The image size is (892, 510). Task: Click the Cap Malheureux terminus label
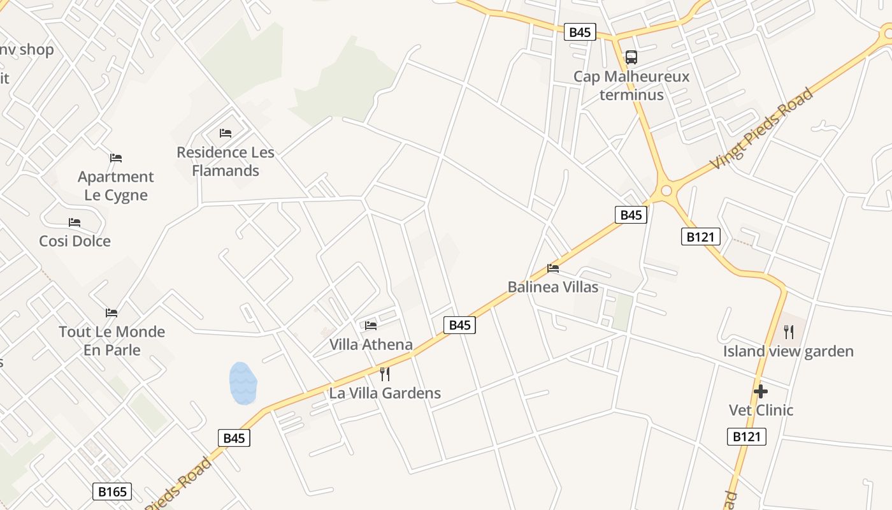point(631,85)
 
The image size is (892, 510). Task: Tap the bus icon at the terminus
point(631,57)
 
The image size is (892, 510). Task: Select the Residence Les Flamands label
point(226,161)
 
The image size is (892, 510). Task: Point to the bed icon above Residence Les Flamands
point(226,133)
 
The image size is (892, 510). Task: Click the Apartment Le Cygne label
point(116,186)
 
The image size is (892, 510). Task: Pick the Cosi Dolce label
point(75,241)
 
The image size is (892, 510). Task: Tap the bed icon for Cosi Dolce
point(75,222)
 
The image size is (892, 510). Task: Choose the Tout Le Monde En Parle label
point(112,340)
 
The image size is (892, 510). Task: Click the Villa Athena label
point(371,344)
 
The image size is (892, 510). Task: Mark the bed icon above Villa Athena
point(371,326)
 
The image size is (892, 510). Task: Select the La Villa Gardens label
point(385,393)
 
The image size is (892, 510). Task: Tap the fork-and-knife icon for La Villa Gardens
point(384,374)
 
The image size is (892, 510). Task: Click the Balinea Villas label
point(553,287)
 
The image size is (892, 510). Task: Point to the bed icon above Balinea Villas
point(553,268)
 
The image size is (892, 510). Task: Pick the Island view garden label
point(788,351)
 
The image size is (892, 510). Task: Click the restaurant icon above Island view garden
point(789,331)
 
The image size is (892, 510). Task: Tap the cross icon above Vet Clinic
point(761,391)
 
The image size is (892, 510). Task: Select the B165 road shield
point(113,492)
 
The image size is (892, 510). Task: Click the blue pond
point(243,383)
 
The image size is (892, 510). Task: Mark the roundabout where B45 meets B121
point(666,190)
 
